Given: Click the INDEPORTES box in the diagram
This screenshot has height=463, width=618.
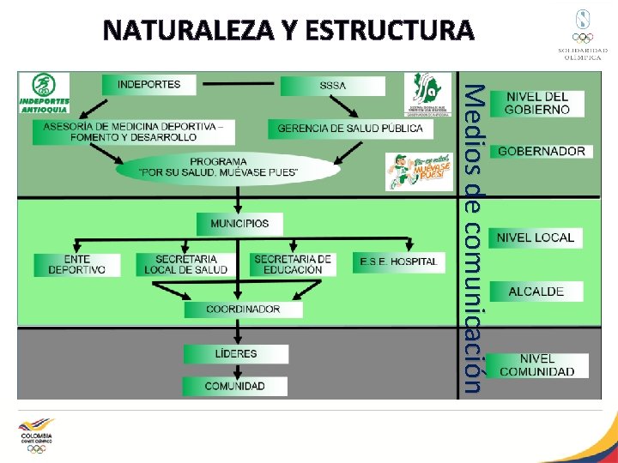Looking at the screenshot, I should tap(148, 84).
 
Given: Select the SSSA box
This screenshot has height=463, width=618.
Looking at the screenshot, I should tap(333, 86).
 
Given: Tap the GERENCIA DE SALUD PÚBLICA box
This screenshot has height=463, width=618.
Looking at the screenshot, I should tap(350, 129).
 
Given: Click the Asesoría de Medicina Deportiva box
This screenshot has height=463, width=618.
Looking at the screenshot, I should tap(133, 131).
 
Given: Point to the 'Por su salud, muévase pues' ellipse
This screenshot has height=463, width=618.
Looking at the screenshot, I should tap(219, 167).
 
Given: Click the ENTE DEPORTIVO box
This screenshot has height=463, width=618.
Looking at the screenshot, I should tap(76, 264).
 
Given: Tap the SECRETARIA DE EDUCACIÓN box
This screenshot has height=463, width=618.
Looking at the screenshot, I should tap(292, 264).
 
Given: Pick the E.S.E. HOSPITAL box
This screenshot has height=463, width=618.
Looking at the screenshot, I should tap(398, 262).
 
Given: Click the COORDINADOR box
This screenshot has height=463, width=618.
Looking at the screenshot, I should tap(243, 309).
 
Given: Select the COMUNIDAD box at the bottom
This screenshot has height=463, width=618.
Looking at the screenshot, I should tap(234, 387).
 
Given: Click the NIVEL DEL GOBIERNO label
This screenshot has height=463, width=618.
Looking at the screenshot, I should tap(537, 103).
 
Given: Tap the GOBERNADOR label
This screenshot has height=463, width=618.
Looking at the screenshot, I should tap(541, 151).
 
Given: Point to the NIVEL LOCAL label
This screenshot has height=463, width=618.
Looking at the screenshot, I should tap(536, 238).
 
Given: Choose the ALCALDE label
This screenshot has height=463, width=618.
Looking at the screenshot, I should tap(536, 292).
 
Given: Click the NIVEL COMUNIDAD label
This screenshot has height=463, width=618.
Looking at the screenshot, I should tap(537, 365).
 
